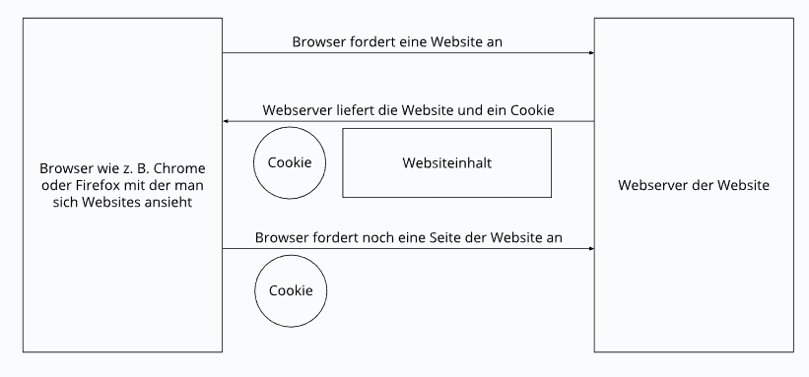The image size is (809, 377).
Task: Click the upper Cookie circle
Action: coord(290,162)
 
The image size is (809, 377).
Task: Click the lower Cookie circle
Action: coord(291,291)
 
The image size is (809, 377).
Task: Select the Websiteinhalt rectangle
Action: coord(446,162)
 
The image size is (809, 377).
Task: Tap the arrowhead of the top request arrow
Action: coord(590,53)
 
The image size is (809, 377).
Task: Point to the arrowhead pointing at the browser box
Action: coord(227,121)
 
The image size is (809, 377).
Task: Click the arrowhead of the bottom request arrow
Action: coord(590,249)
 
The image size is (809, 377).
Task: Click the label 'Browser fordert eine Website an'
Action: coord(408,42)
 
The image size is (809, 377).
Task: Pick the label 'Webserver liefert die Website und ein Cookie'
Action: coord(408,110)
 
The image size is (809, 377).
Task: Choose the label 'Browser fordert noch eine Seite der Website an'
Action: coord(408,237)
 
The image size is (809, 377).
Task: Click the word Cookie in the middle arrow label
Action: coord(531,110)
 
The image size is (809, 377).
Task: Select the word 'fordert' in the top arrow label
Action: coord(373,42)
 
